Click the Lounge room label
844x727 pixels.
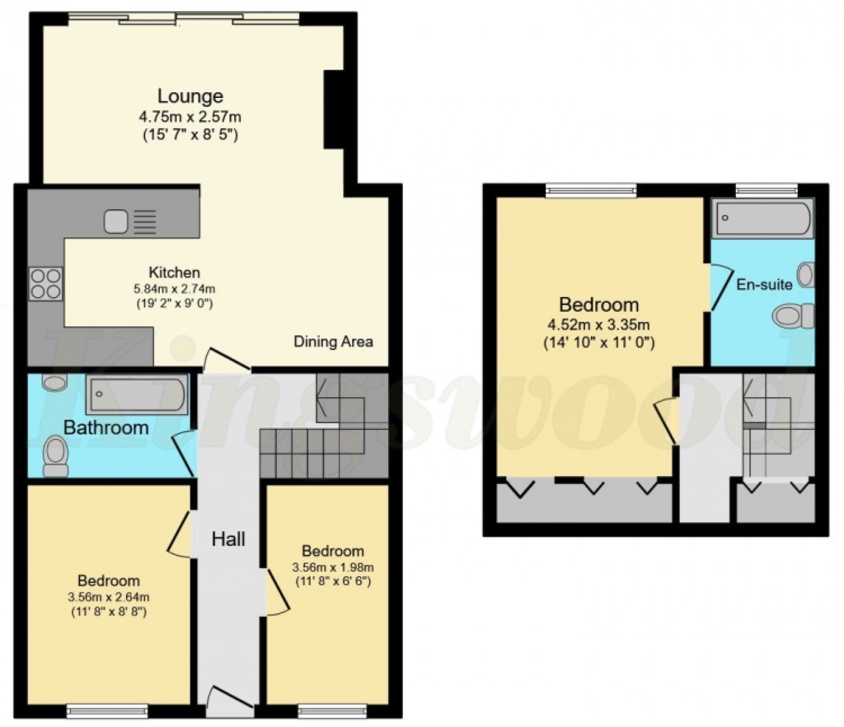click(x=190, y=96)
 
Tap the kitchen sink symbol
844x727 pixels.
click(x=130, y=221)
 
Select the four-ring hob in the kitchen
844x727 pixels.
click(x=46, y=283)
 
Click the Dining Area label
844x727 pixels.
click(x=332, y=341)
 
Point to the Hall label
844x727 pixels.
click(x=228, y=539)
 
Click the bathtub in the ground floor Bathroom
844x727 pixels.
click(x=137, y=394)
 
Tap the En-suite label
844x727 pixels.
click(x=764, y=284)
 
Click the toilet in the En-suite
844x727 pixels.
click(x=793, y=316)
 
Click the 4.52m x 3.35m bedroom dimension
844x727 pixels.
click(x=599, y=325)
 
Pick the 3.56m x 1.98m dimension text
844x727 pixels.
click(x=332, y=567)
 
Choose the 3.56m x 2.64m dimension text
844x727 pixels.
click(x=109, y=597)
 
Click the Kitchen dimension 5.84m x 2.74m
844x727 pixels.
click(x=175, y=288)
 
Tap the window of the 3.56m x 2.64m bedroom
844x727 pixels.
click(x=107, y=710)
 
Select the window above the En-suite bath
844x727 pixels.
click(x=766, y=189)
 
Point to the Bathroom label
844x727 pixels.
click(x=105, y=427)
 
